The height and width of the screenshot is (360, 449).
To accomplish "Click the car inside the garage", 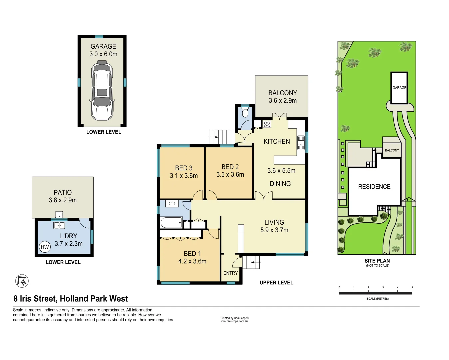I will pos(102,90).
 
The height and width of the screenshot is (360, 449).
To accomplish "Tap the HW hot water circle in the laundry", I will pos(45,247).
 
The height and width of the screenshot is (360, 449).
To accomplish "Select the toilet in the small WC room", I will pos(245,112).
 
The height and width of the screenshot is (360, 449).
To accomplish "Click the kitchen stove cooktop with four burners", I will pos(267,124).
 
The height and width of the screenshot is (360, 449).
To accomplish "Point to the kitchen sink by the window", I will pos(301,143).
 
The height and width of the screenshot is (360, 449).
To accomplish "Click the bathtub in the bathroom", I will pos(171,222).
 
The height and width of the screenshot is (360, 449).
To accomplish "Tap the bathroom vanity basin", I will pos(172,203).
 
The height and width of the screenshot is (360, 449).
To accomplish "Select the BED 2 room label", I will pos(230,167).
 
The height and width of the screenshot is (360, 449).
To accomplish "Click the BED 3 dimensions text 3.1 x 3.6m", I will pos(184,176).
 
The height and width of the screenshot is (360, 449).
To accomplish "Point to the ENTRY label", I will pos(231,273).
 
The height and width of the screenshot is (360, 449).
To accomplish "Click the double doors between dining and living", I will pos(264,196).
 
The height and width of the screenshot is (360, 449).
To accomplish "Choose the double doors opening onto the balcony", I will pos(279,116).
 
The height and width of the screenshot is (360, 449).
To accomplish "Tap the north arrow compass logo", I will pos(22,281).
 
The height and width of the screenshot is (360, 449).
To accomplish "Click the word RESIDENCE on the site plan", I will pos(374,187).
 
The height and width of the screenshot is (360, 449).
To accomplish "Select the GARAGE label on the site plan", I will pos(399,88).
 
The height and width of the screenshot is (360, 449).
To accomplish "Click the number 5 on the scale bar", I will pos(412,287).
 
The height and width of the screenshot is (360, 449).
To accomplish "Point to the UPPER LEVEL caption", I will pos(276,283).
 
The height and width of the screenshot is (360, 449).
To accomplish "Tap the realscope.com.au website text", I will pos(234,321).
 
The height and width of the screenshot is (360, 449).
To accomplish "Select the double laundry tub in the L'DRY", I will pos(59,226).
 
